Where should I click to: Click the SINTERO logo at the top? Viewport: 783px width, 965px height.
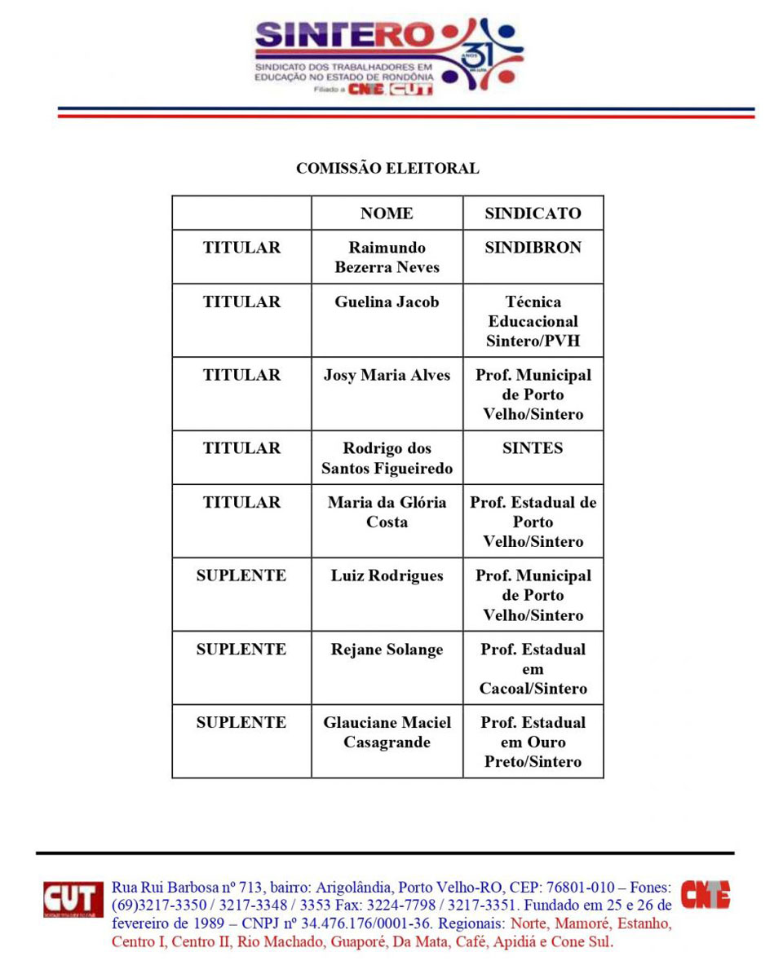[x=388, y=55]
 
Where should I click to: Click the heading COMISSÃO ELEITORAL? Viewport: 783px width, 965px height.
[x=387, y=169]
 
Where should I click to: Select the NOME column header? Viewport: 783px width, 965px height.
[x=387, y=214]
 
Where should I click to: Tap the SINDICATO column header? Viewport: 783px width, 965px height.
[x=533, y=214]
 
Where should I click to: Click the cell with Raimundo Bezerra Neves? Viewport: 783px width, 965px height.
[x=387, y=258]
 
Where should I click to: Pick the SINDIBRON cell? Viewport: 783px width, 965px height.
[x=533, y=248]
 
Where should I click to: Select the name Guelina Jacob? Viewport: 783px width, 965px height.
[x=387, y=302]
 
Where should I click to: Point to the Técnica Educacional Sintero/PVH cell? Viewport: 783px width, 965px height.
[x=533, y=321]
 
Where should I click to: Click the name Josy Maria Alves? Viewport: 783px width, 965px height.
[x=387, y=376]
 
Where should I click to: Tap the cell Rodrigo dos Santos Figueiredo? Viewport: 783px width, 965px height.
[x=387, y=458]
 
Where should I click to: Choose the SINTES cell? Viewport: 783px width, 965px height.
[x=533, y=448]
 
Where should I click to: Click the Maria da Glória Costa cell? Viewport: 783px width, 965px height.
[x=387, y=512]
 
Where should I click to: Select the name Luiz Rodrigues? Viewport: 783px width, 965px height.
[x=387, y=576]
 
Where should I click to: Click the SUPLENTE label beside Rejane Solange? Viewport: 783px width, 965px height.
[x=241, y=650]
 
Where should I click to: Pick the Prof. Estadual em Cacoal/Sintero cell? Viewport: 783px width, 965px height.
[x=533, y=669]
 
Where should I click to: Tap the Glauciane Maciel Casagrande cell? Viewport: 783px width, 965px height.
[x=387, y=733]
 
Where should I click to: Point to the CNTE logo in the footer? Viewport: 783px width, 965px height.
[x=706, y=895]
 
